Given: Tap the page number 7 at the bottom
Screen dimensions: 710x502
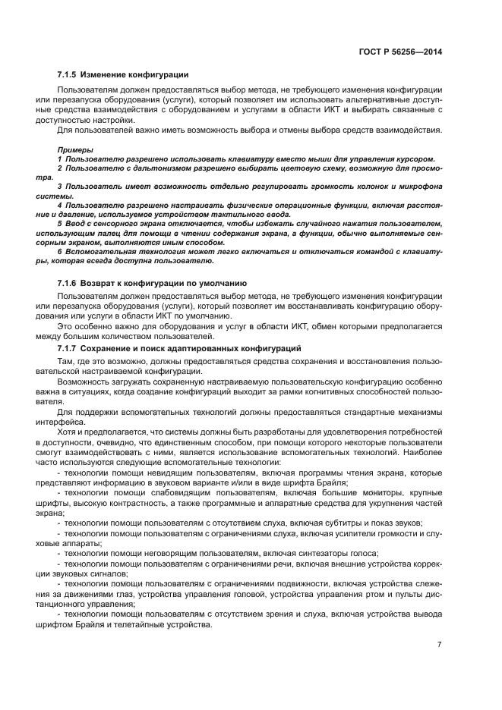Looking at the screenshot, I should pyautogui.click(x=439, y=644).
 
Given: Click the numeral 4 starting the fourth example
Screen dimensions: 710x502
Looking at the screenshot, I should pyautogui.click(x=59, y=205).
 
